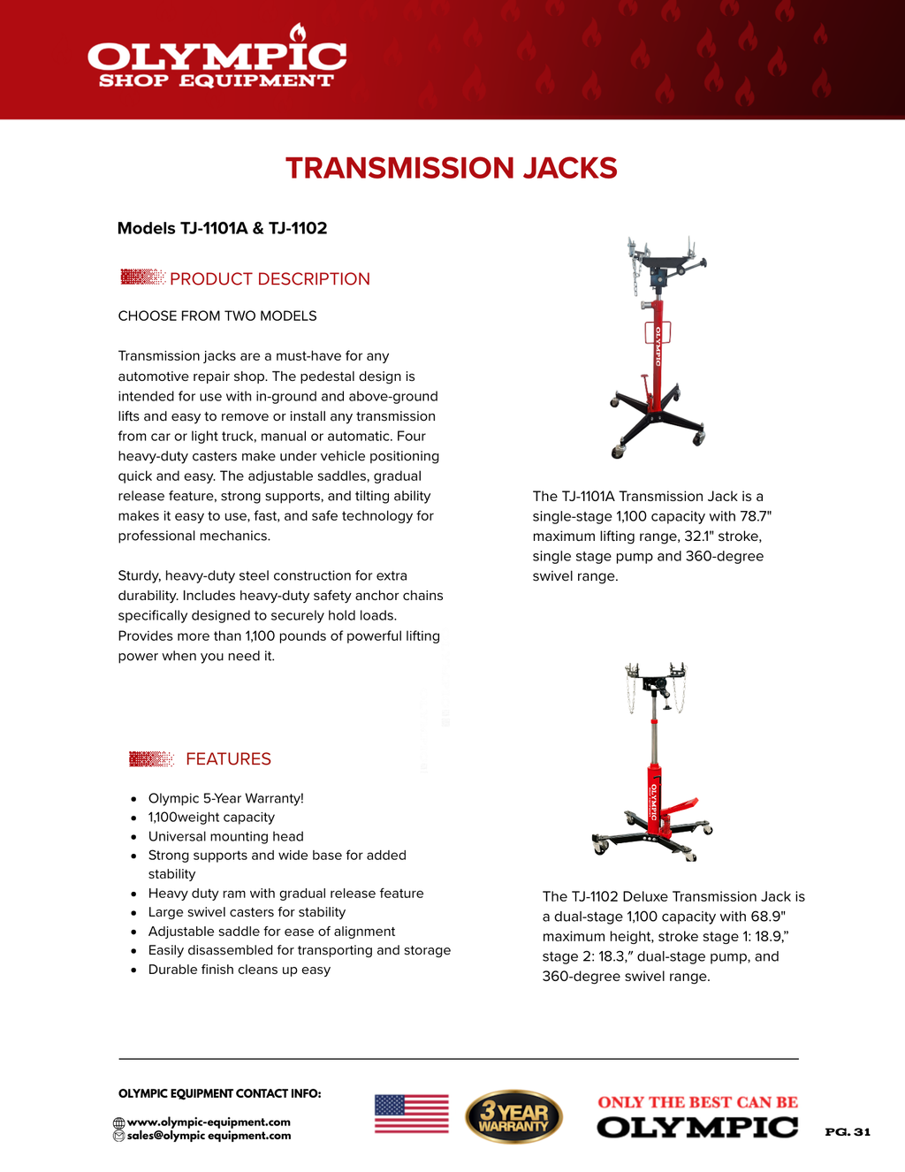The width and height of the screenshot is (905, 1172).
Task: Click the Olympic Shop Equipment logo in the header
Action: pyautogui.click(x=217, y=62)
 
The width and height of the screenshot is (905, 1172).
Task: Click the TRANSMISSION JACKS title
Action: pyautogui.click(x=451, y=168)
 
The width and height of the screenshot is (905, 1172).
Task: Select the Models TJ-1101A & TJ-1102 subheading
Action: pyautogui.click(x=222, y=228)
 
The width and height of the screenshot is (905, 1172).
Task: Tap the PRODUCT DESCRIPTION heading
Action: pyautogui.click(x=270, y=279)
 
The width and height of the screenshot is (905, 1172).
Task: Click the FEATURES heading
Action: pyautogui.click(x=228, y=759)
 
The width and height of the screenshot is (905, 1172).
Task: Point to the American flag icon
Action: pyautogui.click(x=411, y=1114)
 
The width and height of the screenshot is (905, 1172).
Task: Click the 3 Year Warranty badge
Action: pyautogui.click(x=513, y=1116)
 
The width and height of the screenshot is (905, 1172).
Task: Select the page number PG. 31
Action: pyautogui.click(x=848, y=1132)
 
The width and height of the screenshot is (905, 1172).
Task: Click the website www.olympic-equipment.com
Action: pyautogui.click(x=209, y=1123)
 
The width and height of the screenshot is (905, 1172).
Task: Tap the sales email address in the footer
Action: pyautogui.click(x=209, y=1136)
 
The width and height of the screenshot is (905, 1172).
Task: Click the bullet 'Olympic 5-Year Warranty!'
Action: pyautogui.click(x=225, y=798)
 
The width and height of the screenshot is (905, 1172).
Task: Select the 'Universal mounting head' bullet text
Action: pyautogui.click(x=225, y=836)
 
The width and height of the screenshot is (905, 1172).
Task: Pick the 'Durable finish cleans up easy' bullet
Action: pyautogui.click(x=239, y=970)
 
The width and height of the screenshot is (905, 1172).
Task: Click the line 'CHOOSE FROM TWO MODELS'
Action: pyautogui.click(x=217, y=316)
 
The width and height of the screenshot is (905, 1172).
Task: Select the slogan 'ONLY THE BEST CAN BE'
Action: pyautogui.click(x=697, y=1102)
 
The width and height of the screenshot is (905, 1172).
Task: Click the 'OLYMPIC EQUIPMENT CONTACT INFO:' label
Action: pyautogui.click(x=219, y=1093)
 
